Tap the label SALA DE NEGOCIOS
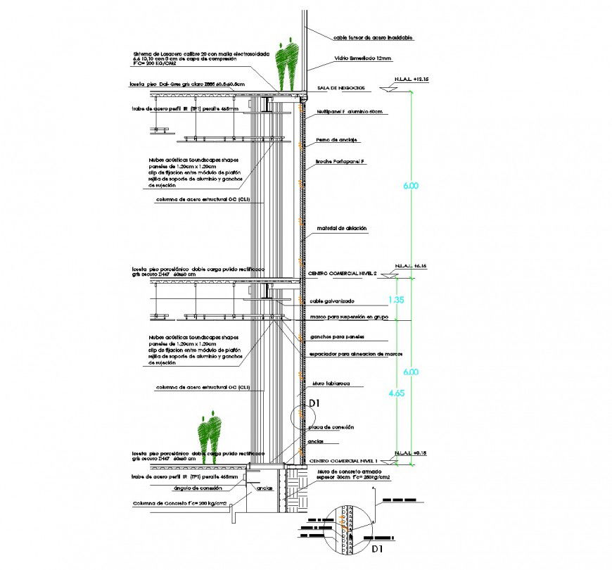[340, 88]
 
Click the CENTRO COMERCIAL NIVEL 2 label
[343, 272]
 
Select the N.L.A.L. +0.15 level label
[412, 452]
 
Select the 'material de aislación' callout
[342, 228]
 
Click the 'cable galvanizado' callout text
[334, 300]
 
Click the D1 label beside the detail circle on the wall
[315, 403]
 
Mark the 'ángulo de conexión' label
[193, 486]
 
